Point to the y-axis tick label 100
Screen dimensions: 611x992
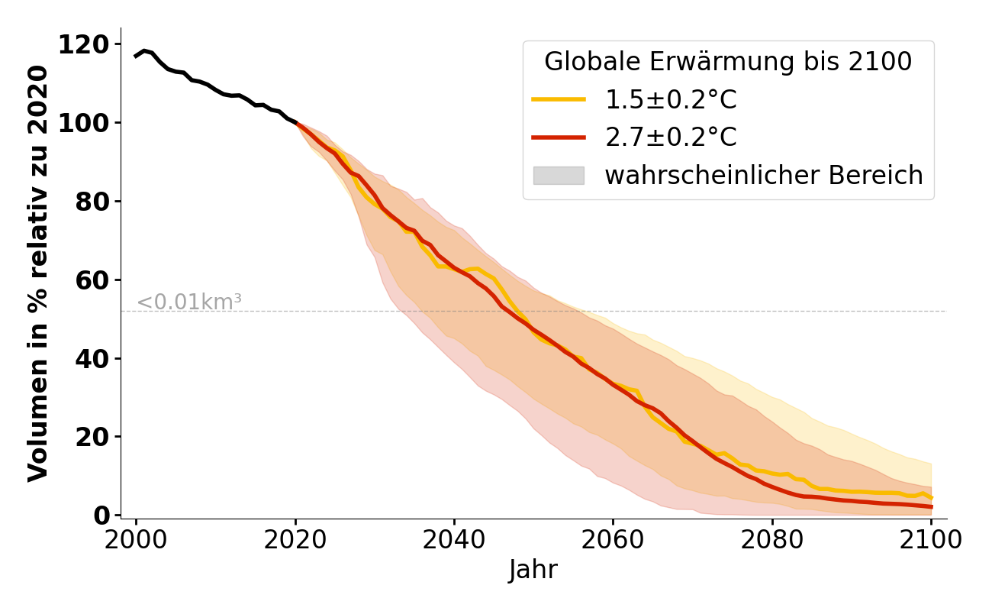click(83, 123)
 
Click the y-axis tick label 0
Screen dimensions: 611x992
click(102, 516)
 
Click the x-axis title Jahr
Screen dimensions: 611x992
click(533, 570)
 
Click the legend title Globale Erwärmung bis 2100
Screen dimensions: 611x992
click(728, 62)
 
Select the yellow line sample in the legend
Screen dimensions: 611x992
click(559, 99)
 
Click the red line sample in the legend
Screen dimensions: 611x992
click(559, 137)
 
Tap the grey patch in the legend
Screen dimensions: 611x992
click(559, 176)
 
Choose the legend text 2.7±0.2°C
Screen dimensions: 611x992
click(671, 137)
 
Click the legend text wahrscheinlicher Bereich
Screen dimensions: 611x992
click(764, 176)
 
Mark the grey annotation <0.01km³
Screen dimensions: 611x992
click(189, 302)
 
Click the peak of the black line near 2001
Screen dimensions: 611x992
click(144, 51)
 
